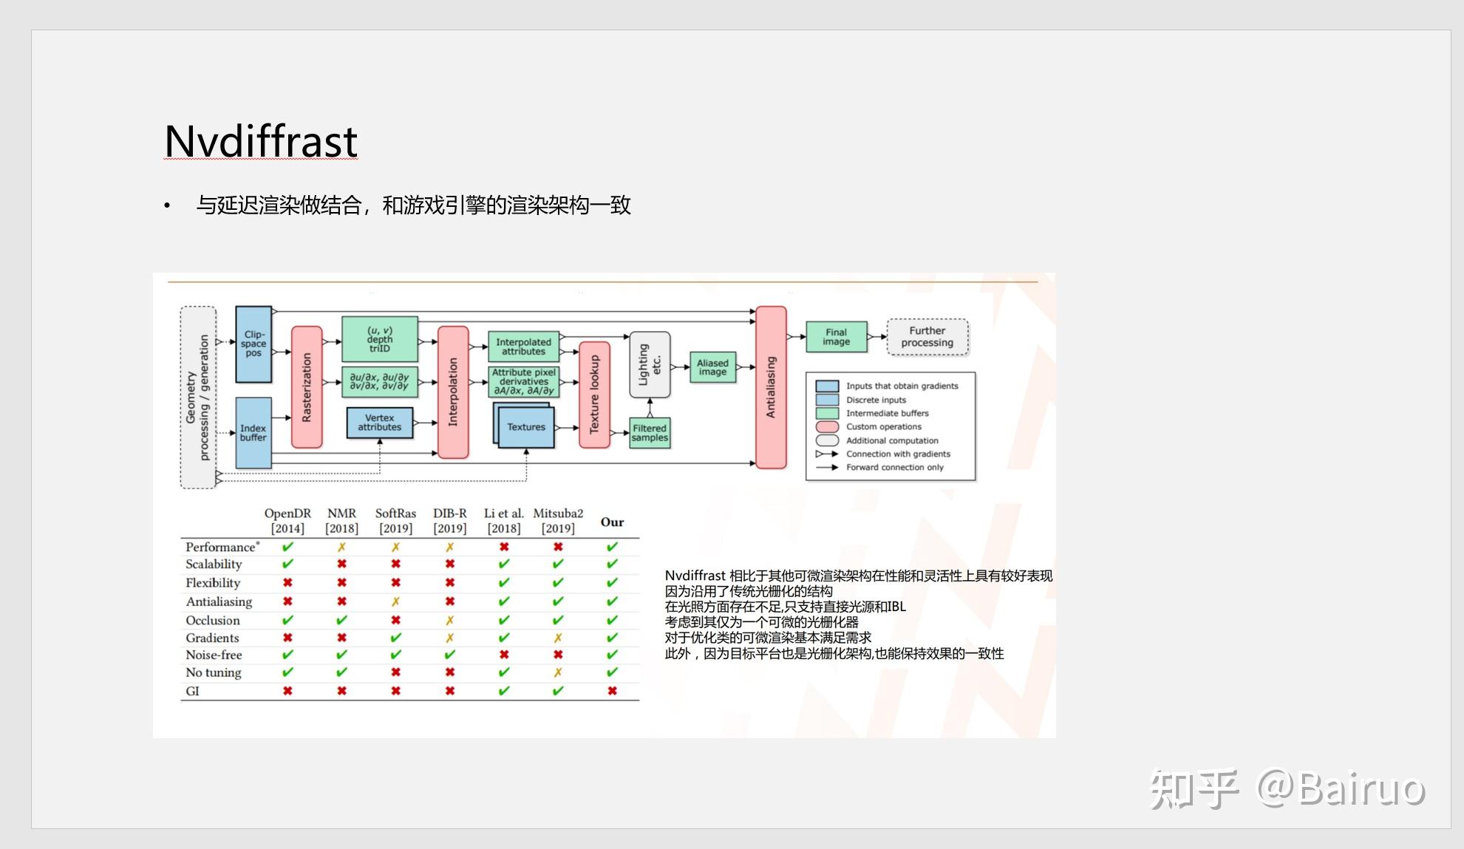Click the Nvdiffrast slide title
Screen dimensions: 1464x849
coord(261,140)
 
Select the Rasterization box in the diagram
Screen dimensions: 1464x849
coord(307,387)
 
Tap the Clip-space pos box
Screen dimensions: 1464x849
coord(253,344)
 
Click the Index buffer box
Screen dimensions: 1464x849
coord(253,432)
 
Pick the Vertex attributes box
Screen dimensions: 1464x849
coord(380,423)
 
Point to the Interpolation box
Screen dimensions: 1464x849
coord(453,392)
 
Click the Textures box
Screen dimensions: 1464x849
coord(525,426)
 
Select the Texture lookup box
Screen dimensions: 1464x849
coord(594,395)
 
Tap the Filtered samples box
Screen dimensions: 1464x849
coord(650,433)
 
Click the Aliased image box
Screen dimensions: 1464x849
coord(712,367)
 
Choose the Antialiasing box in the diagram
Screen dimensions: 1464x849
coord(771,387)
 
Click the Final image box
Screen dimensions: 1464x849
coord(836,337)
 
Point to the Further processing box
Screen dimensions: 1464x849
coord(927,337)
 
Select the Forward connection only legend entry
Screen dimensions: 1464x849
coord(879,467)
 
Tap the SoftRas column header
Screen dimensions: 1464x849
coord(395,520)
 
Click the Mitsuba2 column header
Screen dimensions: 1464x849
coord(558,520)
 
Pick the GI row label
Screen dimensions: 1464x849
coord(193,691)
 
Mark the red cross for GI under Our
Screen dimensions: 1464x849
coord(612,691)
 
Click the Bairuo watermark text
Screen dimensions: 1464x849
coord(1341,788)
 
